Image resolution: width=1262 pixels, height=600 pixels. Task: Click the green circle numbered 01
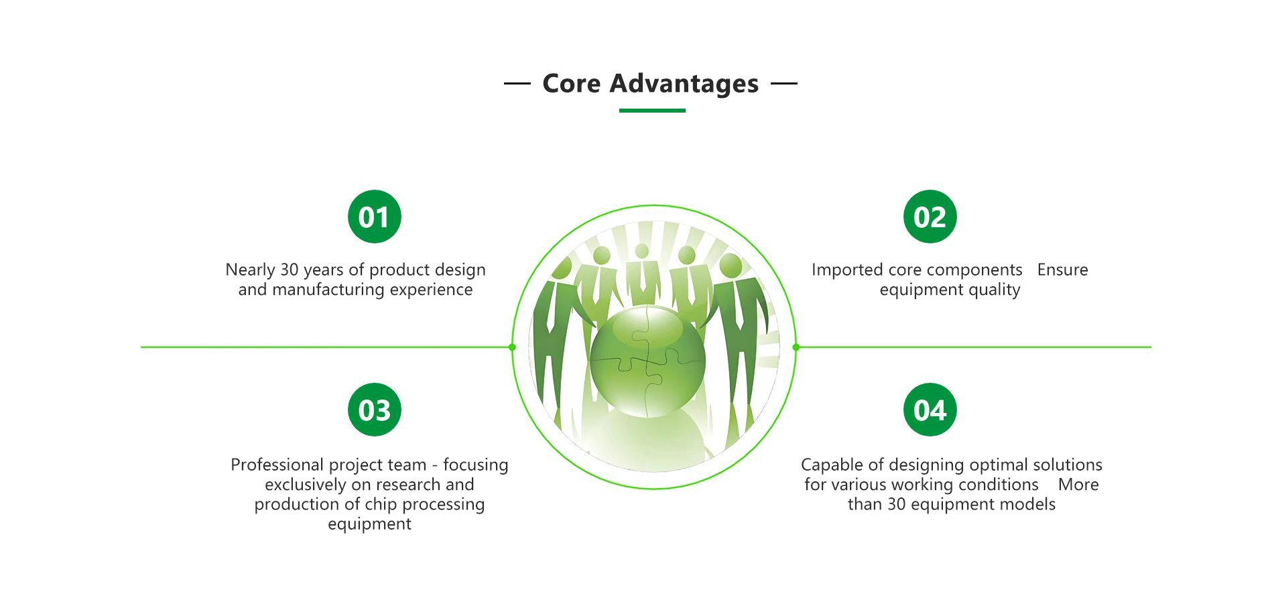coord(374,217)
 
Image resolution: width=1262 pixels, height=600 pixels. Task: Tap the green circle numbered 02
coord(930,217)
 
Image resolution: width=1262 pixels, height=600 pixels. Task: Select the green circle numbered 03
coord(374,410)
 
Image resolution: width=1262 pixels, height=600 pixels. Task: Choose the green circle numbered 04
coord(930,410)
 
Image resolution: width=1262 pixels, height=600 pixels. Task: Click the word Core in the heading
coord(572,84)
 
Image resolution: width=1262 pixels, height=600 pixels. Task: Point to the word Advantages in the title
coord(684,84)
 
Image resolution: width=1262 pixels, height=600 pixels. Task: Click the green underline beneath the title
coord(652,111)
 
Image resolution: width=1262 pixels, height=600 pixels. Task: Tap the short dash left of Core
coord(517,84)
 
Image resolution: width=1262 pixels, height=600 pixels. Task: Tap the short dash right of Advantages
coord(784,84)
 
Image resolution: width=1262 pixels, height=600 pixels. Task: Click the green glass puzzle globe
coord(647,361)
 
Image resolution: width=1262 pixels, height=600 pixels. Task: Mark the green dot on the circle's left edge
coord(512,347)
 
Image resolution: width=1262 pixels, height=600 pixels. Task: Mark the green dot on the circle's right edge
coord(796,347)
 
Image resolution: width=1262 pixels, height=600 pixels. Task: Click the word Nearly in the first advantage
coord(250,270)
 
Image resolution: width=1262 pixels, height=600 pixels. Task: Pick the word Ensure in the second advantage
coord(1063,269)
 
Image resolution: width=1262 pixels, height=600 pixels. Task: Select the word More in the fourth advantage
coord(1078,485)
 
